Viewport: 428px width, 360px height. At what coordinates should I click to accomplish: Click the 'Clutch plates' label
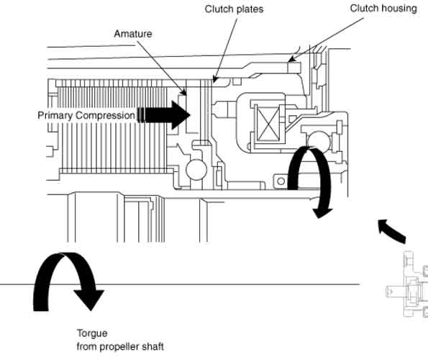pyautogui.click(x=234, y=9)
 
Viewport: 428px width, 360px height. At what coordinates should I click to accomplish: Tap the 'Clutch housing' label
pyautogui.click(x=383, y=9)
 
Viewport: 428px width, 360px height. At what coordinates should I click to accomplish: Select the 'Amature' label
pyautogui.click(x=133, y=34)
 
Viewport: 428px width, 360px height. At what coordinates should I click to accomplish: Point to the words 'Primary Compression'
pyautogui.click(x=86, y=115)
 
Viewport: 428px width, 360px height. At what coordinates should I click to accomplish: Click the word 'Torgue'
pyautogui.click(x=92, y=333)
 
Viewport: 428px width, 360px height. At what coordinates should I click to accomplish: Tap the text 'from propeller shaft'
pyautogui.click(x=120, y=346)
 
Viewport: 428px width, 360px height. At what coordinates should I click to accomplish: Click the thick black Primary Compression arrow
pyautogui.click(x=163, y=115)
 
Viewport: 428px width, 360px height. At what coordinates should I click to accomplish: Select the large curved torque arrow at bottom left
pyautogui.click(x=68, y=282)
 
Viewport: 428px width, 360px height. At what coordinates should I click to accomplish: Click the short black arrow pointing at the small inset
pyautogui.click(x=392, y=231)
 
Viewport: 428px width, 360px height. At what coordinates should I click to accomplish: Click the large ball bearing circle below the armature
pyautogui.click(x=196, y=170)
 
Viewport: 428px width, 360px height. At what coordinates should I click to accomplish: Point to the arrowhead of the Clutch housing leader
pyautogui.click(x=291, y=59)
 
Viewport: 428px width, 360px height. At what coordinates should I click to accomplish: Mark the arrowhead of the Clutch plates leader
pyautogui.click(x=214, y=79)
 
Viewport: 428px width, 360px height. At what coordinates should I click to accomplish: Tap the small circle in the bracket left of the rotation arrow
pyautogui.click(x=281, y=181)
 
